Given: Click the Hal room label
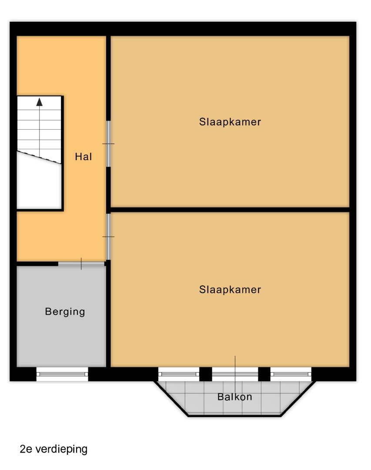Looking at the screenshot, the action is pyautogui.click(x=84, y=157).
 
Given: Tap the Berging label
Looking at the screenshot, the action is pyautogui.click(x=65, y=312).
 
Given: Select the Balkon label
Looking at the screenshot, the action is pyautogui.click(x=234, y=397).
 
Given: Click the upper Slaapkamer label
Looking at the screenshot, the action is pyautogui.click(x=230, y=122).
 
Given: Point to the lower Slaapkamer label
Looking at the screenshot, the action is pyautogui.click(x=230, y=289).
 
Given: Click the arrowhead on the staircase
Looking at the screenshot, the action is pyautogui.click(x=39, y=102).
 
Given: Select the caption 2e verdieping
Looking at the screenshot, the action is pyautogui.click(x=53, y=449).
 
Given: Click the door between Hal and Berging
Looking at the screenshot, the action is pyautogui.click(x=81, y=264).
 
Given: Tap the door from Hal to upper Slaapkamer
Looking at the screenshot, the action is pyautogui.click(x=108, y=144).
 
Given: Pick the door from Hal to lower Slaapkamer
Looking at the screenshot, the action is pyautogui.click(x=108, y=236).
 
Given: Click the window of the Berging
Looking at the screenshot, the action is pyautogui.click(x=62, y=374).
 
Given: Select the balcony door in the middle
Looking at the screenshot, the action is pyautogui.click(x=235, y=374).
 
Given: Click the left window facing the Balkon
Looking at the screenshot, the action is pyautogui.click(x=179, y=374).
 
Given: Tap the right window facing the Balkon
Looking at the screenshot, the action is pyautogui.click(x=291, y=374).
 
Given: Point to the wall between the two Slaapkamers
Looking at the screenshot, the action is pyautogui.click(x=230, y=209).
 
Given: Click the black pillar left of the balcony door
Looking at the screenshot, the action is pyautogui.click(x=206, y=374).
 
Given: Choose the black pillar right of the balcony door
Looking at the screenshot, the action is pyautogui.click(x=264, y=374).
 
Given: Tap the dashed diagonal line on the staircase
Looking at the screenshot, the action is pyautogui.click(x=39, y=158).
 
